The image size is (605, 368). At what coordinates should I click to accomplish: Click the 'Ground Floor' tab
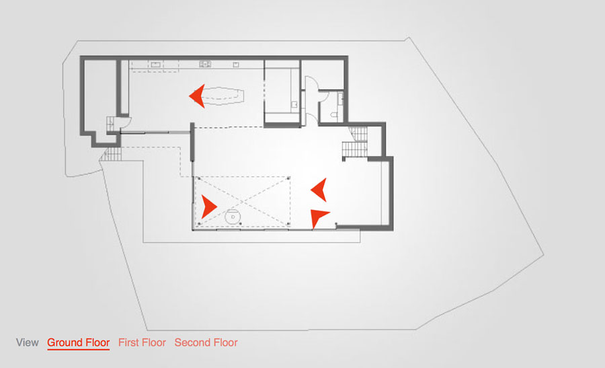(x=79, y=342)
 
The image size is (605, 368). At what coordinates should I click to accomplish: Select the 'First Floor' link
(x=142, y=342)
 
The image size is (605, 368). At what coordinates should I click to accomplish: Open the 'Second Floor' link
(x=206, y=342)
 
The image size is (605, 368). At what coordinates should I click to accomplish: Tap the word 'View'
(x=28, y=342)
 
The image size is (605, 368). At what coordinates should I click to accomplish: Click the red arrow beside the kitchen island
(x=197, y=96)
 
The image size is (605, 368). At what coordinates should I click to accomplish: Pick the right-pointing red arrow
(x=209, y=207)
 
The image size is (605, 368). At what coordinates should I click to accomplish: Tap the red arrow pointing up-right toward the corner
(x=319, y=217)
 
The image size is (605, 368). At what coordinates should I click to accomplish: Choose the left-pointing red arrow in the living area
(x=319, y=190)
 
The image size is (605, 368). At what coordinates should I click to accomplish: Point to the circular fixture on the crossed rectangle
(x=233, y=217)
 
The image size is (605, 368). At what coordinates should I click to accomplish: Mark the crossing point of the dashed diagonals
(x=242, y=200)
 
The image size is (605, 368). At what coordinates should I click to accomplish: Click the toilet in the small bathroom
(x=334, y=114)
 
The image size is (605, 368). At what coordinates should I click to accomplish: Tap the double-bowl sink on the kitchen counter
(x=205, y=64)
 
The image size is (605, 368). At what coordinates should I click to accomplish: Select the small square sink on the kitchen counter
(x=236, y=65)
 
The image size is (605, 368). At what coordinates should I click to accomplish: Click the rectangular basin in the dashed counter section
(x=155, y=65)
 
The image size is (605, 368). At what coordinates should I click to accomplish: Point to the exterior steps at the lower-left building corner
(x=111, y=155)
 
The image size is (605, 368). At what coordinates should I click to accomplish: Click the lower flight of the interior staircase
(x=354, y=149)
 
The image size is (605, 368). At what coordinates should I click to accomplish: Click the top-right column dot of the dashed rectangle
(x=288, y=178)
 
